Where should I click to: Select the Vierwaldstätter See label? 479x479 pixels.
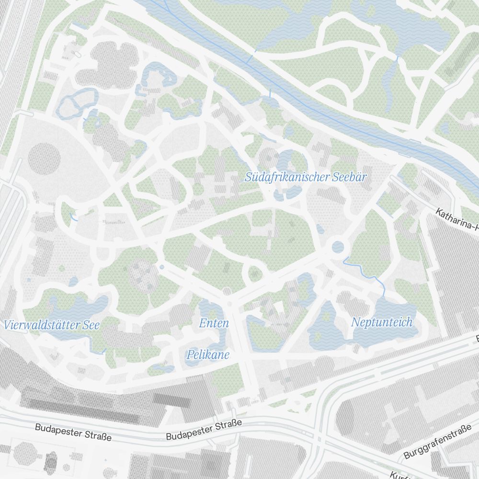52,325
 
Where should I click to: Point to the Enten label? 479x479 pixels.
214,323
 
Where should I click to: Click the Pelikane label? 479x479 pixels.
208,355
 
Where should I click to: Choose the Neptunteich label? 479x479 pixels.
381,322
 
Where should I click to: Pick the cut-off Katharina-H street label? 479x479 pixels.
457,218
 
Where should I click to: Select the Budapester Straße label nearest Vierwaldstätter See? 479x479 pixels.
73,432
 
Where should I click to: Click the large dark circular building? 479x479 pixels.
44,158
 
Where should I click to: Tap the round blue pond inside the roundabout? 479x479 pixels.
338,247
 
